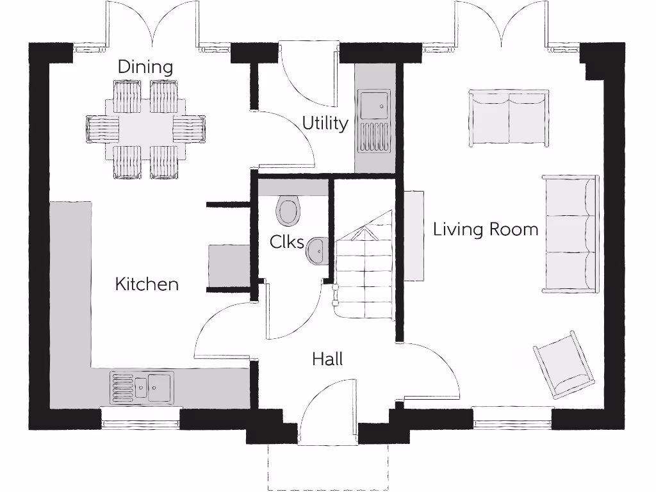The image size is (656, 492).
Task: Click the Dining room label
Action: tap(145, 67)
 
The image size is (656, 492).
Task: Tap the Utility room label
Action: tap(325, 123)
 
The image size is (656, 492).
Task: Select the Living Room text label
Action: tap(486, 229)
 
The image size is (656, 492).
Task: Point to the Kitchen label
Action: tap(147, 284)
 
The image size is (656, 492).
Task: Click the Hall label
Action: tap(327, 359)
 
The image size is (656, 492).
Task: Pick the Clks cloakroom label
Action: tap(286, 242)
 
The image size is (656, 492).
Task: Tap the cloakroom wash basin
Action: tap(317, 250)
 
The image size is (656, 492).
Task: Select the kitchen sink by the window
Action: tap(142, 387)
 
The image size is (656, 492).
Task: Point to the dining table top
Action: tap(145, 129)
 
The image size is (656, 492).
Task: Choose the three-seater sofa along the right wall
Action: tap(570, 234)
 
